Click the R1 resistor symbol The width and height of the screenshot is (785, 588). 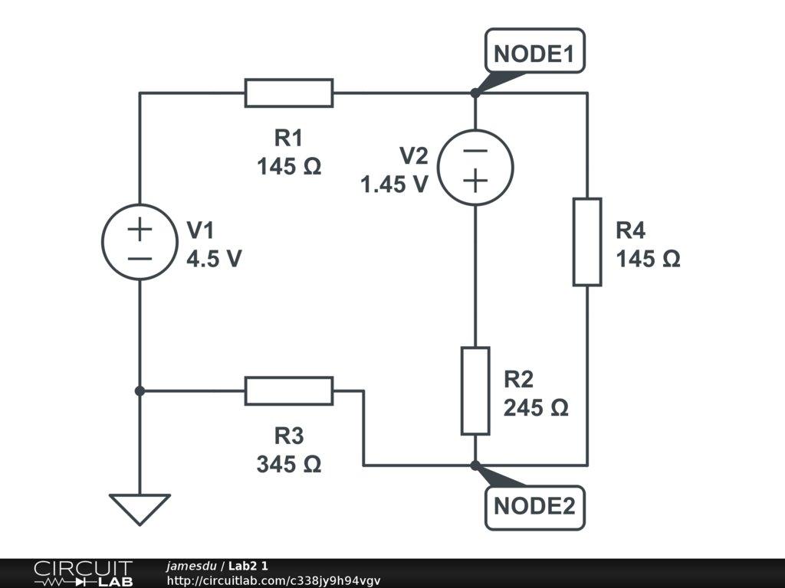(x=289, y=93)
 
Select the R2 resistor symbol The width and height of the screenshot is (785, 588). (x=475, y=390)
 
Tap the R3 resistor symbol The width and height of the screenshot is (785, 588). (x=289, y=390)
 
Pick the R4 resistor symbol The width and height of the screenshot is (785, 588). (x=587, y=242)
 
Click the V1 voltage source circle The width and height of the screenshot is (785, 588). (x=140, y=242)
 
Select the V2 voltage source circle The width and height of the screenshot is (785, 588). (x=475, y=168)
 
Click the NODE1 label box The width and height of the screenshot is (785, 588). (x=534, y=54)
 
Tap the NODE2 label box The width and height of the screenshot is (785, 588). (x=534, y=506)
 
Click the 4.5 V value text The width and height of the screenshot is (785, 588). (x=215, y=259)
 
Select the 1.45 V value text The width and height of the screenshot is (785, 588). (x=394, y=184)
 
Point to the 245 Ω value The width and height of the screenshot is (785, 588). (x=536, y=407)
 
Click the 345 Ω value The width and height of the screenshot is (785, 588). (x=289, y=463)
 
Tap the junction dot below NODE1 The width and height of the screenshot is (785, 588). (x=475, y=93)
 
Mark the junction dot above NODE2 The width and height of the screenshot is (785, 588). (x=475, y=465)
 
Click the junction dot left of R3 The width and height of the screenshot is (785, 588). (x=140, y=390)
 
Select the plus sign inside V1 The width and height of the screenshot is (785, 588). (x=140, y=228)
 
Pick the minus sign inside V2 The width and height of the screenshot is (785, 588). (x=475, y=152)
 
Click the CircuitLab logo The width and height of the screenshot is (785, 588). (x=83, y=573)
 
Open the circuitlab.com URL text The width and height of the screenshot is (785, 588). (x=273, y=581)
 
